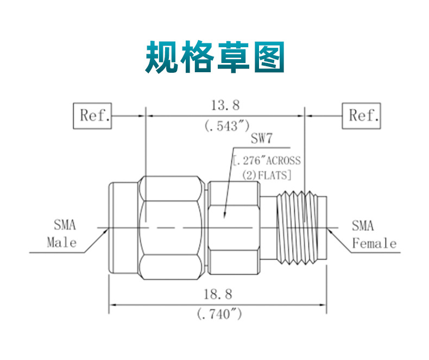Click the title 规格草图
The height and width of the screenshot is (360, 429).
coord(214,56)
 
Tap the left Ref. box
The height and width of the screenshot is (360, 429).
coord(92,116)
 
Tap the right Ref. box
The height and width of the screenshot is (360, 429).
coord(361,116)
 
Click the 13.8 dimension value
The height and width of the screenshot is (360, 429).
coord(225,105)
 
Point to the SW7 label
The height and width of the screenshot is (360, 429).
coord(261,139)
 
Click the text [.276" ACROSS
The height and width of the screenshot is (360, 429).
coord(266,161)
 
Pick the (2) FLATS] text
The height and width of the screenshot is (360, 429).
coord(267,175)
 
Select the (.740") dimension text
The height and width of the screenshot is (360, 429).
coord(218,314)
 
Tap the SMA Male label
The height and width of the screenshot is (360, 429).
coord(61,234)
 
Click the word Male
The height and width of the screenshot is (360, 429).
coord(61,243)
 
